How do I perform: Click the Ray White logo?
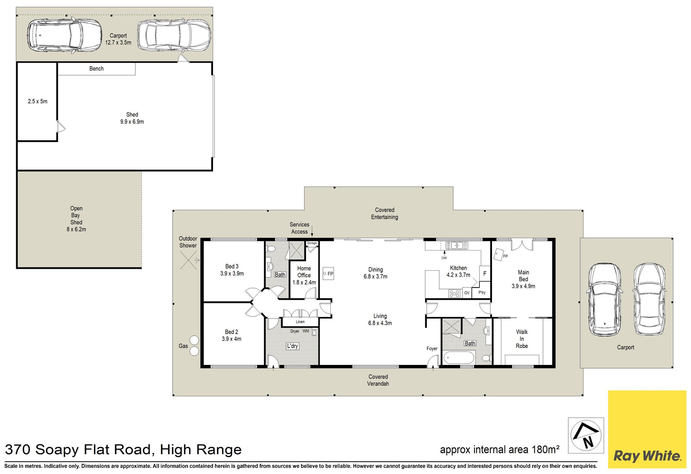tap(647, 429)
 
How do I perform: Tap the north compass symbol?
tap(586, 435)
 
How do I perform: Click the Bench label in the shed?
tap(96, 69)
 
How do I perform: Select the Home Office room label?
tap(304, 272)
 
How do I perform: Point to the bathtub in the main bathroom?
tap(459, 358)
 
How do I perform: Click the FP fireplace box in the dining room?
tap(328, 274)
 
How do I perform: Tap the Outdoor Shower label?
tap(188, 242)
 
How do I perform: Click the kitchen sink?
tap(457, 245)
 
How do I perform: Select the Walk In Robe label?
tap(522, 339)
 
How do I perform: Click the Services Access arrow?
tap(312, 231)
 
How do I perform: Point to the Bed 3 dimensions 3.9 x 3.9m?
tap(232, 274)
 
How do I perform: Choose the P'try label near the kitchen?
tap(482, 293)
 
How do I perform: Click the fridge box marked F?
tap(485, 274)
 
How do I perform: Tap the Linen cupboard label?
tap(300, 322)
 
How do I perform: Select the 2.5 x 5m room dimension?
tap(38, 101)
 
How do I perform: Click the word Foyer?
tap(432, 348)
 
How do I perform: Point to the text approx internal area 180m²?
tap(500, 450)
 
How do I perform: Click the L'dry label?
tap(292, 346)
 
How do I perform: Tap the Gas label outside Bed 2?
tap(183, 346)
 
